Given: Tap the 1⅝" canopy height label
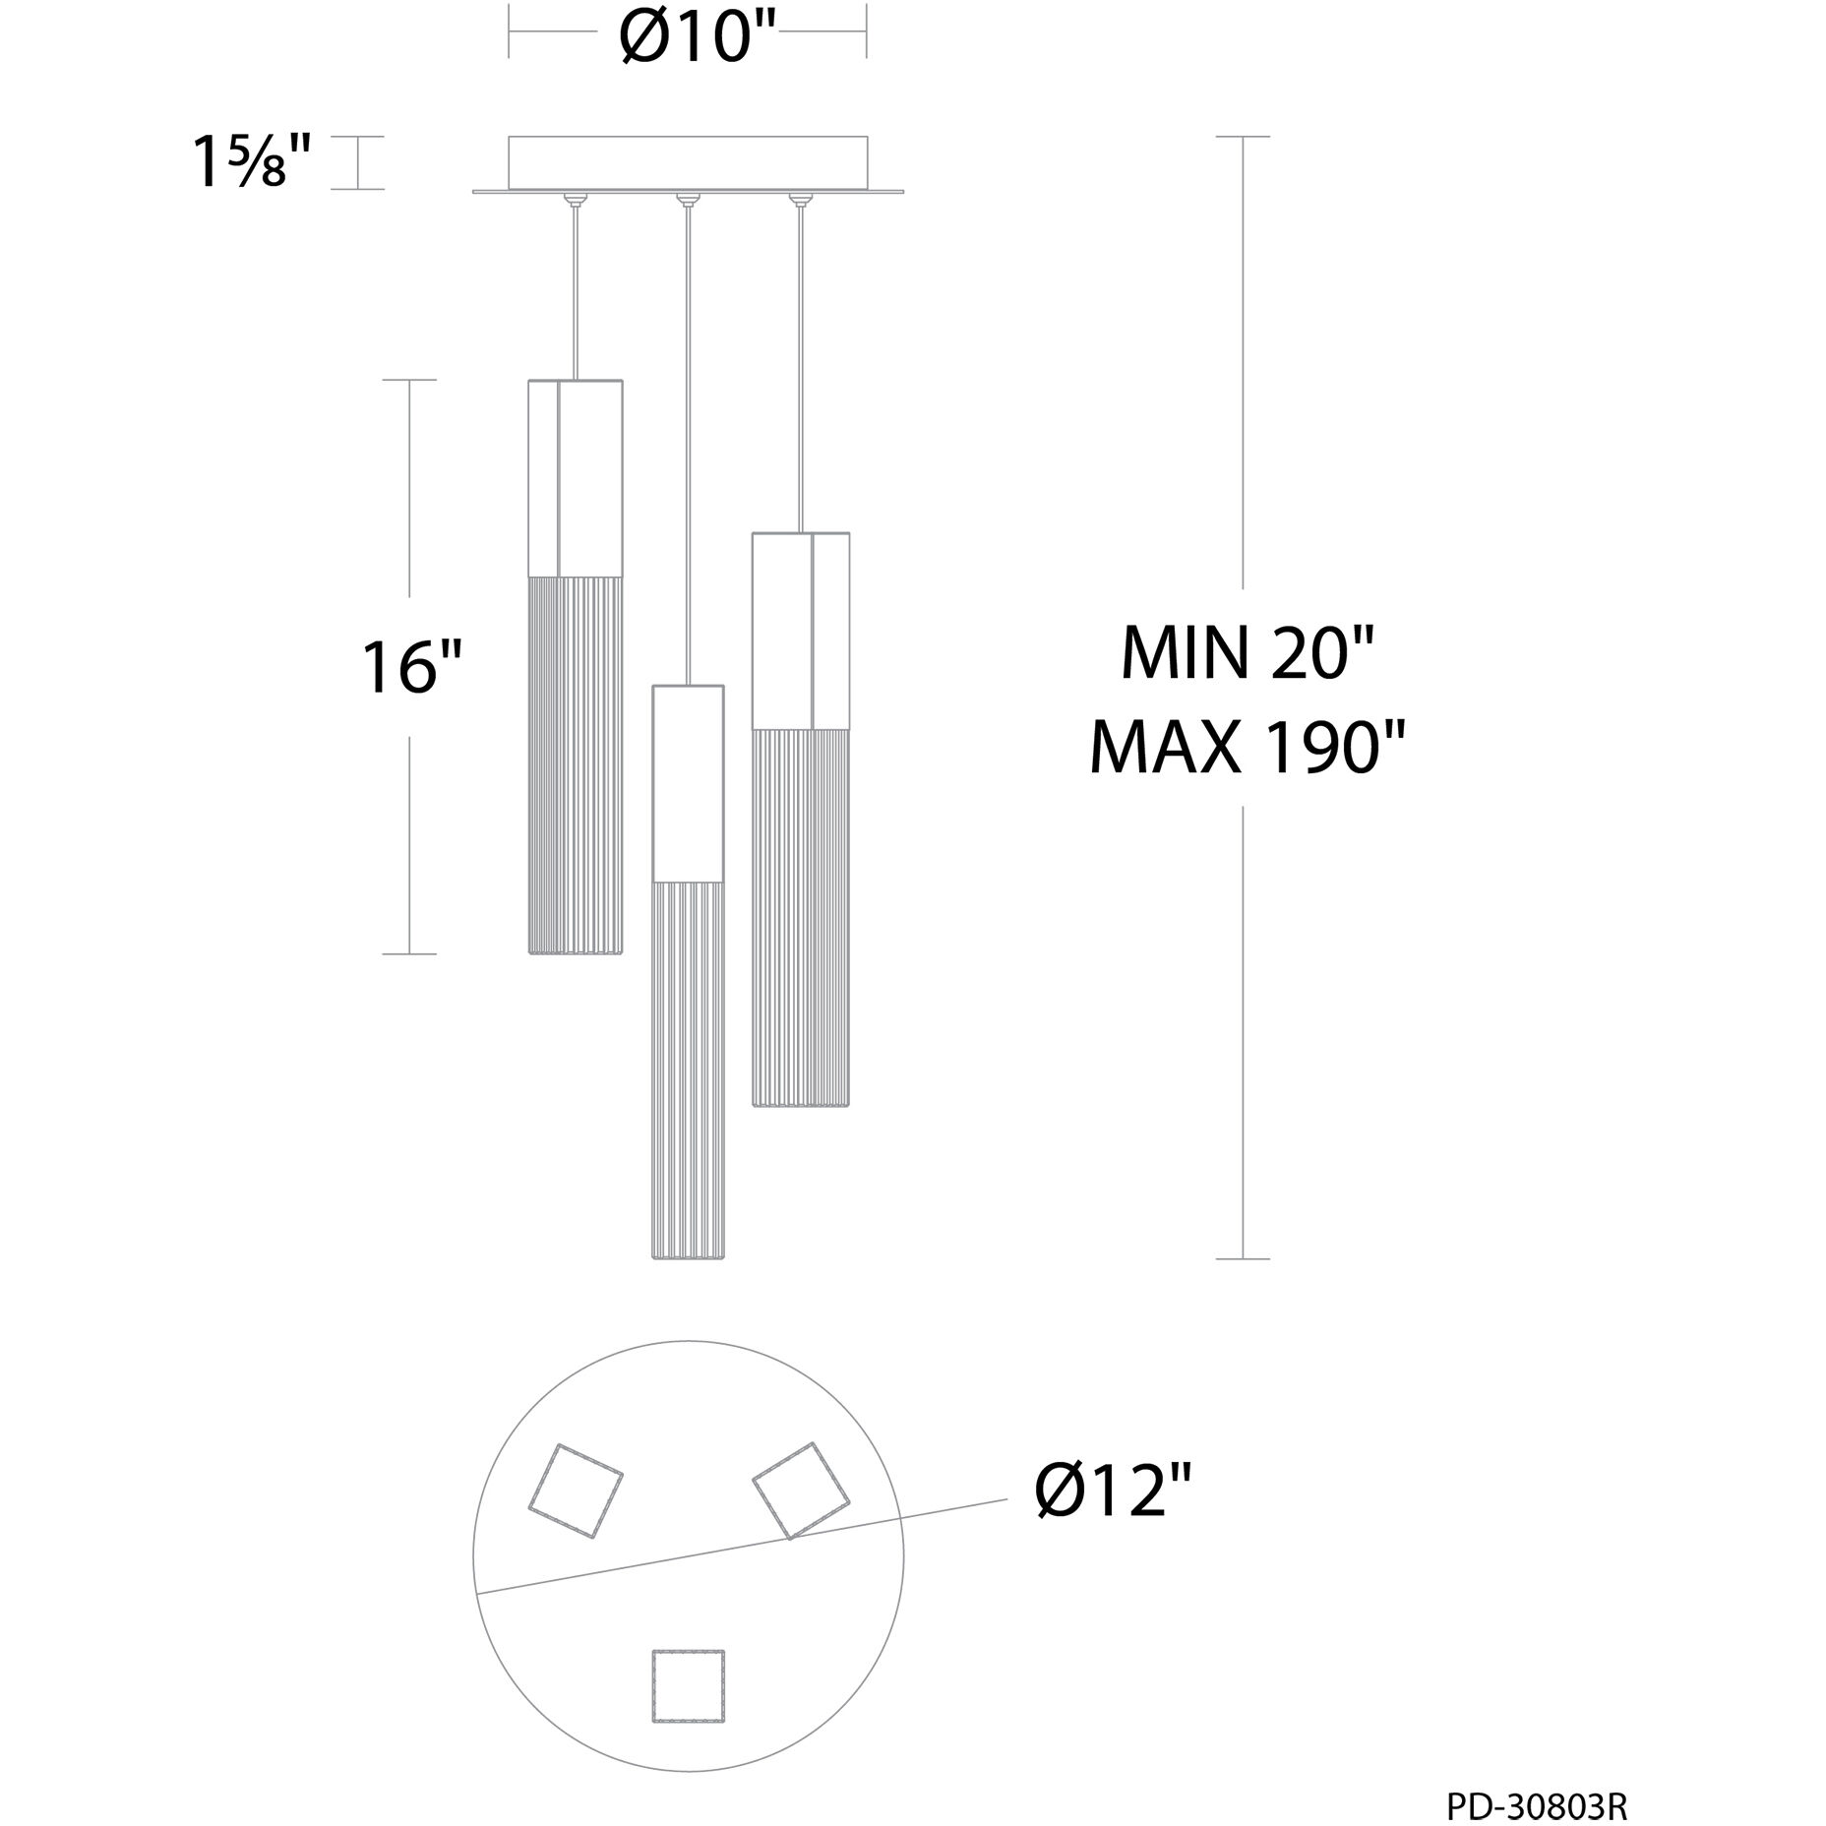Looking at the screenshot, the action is coord(255,162).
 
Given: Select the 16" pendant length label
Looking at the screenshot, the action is coord(411,666).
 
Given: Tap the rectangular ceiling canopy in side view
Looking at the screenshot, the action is coord(688,163).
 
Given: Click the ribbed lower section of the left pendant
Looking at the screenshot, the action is coord(576,764).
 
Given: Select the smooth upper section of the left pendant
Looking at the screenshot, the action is coord(576,477).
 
